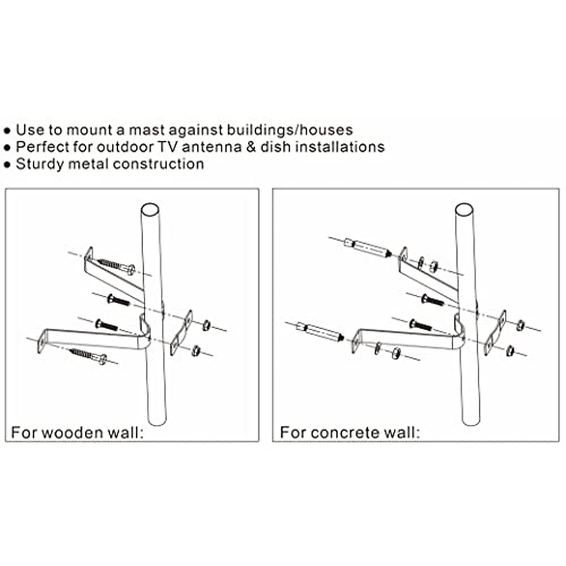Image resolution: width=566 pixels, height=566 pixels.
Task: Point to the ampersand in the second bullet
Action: pyautogui.click(x=251, y=147)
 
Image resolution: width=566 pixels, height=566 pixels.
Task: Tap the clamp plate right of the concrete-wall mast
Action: pyautogui.click(x=495, y=333)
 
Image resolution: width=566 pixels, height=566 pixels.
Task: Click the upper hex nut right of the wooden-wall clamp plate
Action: pyautogui.click(x=206, y=325)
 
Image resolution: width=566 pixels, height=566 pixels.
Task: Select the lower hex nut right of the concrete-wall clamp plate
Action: pyautogui.click(x=510, y=350)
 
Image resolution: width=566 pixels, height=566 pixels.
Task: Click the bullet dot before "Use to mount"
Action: pyautogui.click(x=7, y=131)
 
